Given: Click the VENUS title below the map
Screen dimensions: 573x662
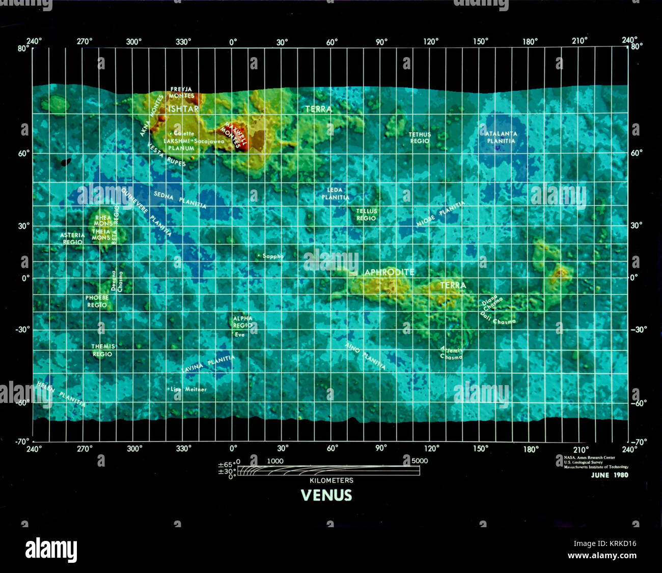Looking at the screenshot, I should click(x=326, y=496).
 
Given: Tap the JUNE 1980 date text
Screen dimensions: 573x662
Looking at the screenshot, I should click(x=610, y=475).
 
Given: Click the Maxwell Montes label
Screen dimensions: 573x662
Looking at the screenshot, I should click(x=236, y=135).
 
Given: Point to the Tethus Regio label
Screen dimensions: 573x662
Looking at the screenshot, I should click(x=420, y=138).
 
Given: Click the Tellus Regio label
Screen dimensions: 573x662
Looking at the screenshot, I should click(x=366, y=214).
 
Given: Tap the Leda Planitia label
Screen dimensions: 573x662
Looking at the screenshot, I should click(x=335, y=194).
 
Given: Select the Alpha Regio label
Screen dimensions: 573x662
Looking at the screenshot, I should click(x=242, y=322).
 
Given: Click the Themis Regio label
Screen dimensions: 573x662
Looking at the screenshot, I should click(x=103, y=350).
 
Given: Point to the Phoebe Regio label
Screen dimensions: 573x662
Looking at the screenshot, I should click(x=97, y=301).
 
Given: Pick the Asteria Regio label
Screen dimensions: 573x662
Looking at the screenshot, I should click(x=72, y=238).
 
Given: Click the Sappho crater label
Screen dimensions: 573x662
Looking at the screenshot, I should click(x=272, y=256).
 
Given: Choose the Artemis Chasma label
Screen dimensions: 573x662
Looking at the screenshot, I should click(x=452, y=353).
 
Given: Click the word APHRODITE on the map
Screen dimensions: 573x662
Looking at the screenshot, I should click(x=389, y=272).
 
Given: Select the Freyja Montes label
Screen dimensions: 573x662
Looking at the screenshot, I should click(x=182, y=92).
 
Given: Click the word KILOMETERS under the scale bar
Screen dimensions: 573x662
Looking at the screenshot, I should click(x=331, y=480).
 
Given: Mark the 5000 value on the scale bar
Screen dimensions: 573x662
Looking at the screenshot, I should click(x=420, y=461).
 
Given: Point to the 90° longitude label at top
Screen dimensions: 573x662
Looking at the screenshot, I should click(x=381, y=42).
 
